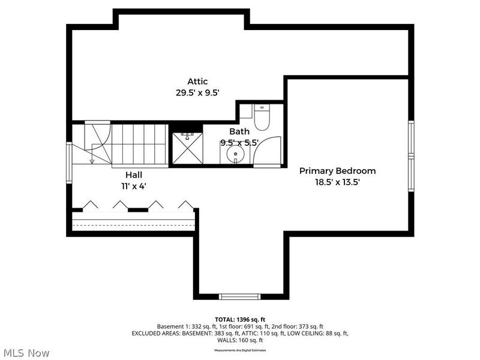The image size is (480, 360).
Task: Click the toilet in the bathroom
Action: [x=262, y=118]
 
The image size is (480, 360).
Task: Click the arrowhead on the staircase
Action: [x=92, y=161]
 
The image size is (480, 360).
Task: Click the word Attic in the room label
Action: [x=197, y=82]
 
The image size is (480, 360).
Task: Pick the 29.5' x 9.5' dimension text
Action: [x=197, y=93]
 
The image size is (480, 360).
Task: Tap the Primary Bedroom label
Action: [x=337, y=171]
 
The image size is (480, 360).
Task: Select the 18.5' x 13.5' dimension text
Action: [x=337, y=182]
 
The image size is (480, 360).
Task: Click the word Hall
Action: [x=134, y=175]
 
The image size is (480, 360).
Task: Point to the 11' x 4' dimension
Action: [x=134, y=186]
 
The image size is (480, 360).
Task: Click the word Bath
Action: [x=239, y=131]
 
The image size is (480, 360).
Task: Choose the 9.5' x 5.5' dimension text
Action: [x=239, y=143]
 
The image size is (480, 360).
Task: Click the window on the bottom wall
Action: [x=239, y=296]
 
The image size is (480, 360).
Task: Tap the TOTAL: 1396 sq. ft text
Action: [x=240, y=319]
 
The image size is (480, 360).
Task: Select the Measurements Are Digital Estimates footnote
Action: [x=240, y=350]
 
